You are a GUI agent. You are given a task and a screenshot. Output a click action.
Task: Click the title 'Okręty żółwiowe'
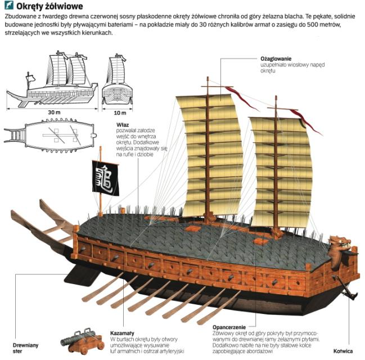[x=50, y=7]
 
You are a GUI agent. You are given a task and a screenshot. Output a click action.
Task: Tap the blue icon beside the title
[x=8, y=7]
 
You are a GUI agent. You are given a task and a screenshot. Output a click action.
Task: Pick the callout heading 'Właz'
[x=123, y=125]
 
